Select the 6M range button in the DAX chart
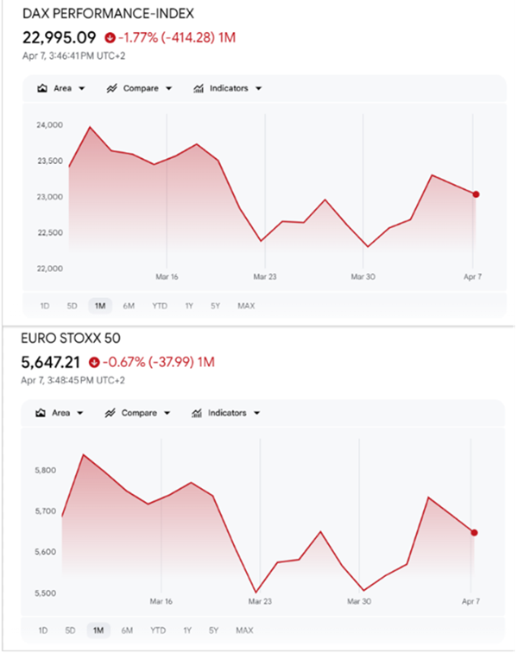[x=129, y=305]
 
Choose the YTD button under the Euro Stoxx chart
[x=158, y=630]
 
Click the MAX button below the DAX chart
[x=246, y=305]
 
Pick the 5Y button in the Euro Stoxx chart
[x=214, y=630]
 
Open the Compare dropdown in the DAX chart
[x=140, y=88]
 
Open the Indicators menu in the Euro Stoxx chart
[x=226, y=413]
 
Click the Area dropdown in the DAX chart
[x=61, y=88]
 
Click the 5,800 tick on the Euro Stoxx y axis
[x=47, y=471]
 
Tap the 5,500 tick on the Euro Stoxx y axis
[x=47, y=593]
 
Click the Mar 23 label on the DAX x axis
[x=265, y=277]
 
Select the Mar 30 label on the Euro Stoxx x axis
[x=360, y=601]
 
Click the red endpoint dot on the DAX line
[x=476, y=194]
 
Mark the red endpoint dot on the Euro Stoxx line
[x=474, y=532]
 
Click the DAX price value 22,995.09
[x=59, y=37]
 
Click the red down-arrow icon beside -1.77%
[x=109, y=38]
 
